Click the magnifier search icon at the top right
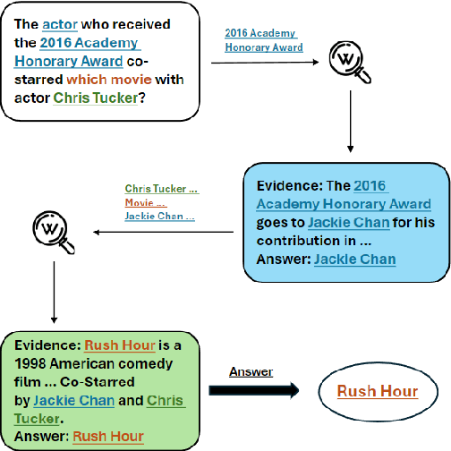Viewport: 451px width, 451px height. point(348,61)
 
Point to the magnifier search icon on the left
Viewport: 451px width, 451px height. point(50,232)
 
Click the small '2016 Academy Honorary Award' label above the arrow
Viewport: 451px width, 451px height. point(263,40)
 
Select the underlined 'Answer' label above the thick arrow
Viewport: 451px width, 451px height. point(251,371)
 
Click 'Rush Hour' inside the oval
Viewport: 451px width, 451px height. point(377,392)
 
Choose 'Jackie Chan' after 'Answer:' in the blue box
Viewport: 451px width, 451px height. point(354,260)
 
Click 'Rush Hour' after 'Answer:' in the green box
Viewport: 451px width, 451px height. point(108,437)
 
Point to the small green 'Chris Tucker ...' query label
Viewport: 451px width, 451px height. point(161,189)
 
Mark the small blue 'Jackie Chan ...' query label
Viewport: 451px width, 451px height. point(159,216)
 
